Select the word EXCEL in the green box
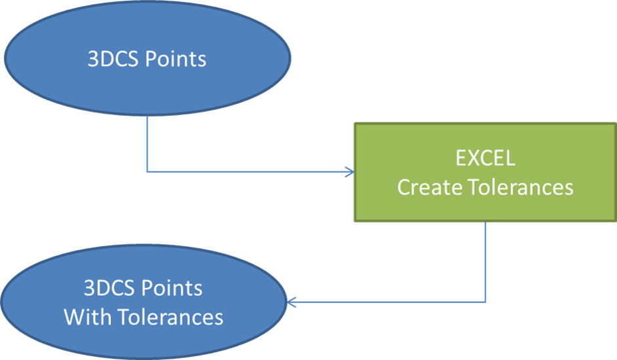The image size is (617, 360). [485, 158]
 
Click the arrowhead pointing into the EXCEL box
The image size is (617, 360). [348, 172]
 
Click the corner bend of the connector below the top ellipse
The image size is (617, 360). [147, 172]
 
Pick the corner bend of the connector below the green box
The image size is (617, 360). [485, 302]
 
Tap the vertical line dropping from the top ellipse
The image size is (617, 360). [147, 144]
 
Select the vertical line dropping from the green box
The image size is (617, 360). [485, 262]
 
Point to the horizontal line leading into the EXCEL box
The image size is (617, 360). [249, 172]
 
